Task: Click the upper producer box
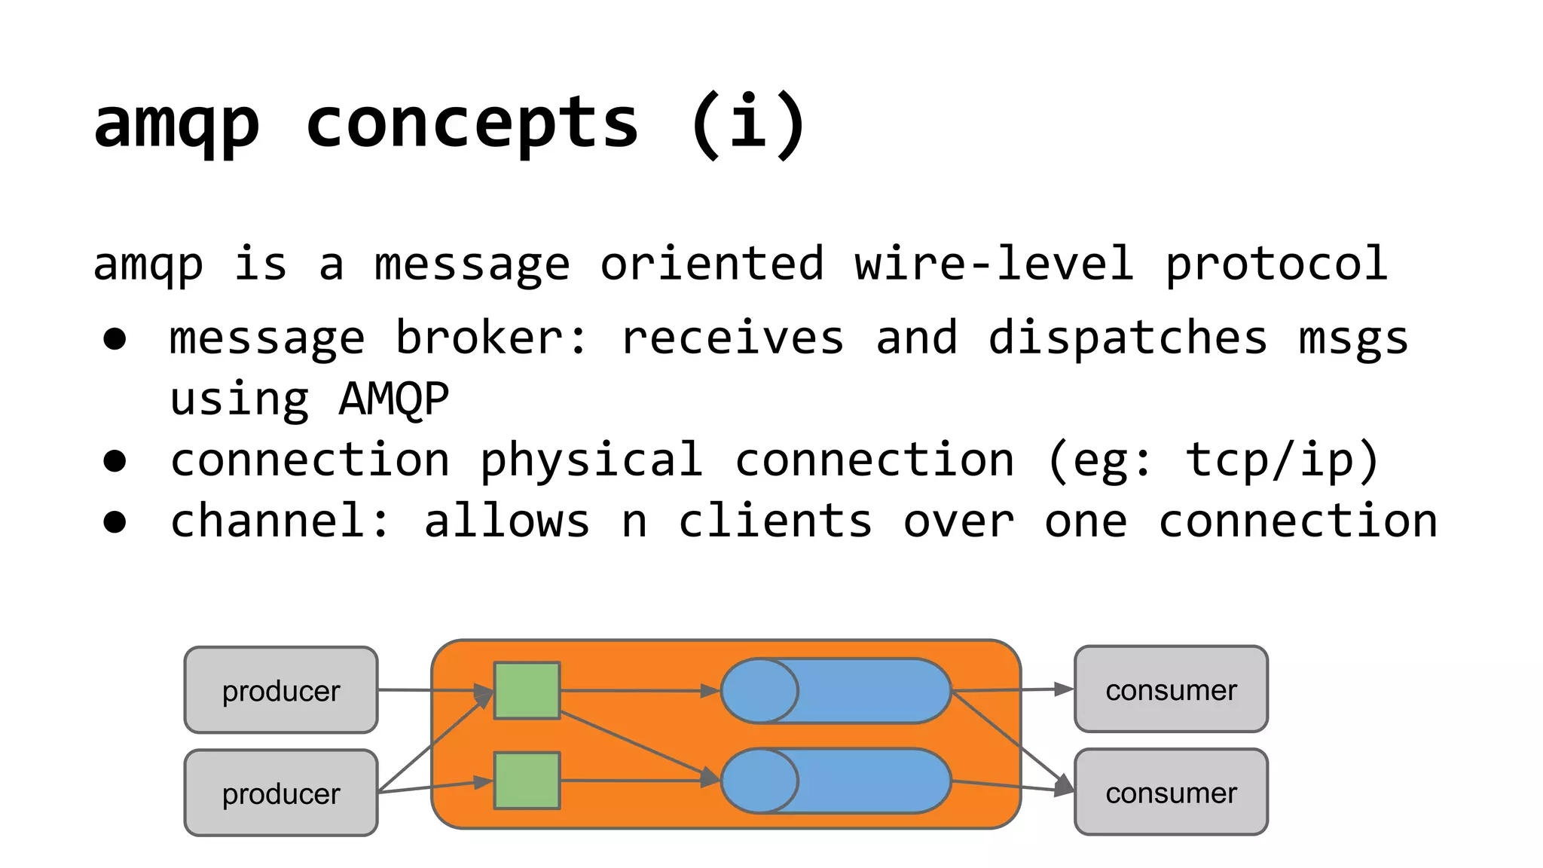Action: (280, 690)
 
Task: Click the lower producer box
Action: (280, 793)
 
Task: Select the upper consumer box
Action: (1171, 689)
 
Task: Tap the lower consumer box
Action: (1171, 792)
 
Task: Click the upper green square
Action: (527, 690)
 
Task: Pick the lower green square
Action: (527, 781)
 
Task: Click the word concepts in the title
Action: (472, 124)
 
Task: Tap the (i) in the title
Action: (748, 124)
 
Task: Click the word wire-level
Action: (994, 264)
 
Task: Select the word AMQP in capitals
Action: (393, 399)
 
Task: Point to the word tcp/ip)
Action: (1282, 460)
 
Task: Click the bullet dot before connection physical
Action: (115, 461)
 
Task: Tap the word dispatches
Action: (1128, 338)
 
